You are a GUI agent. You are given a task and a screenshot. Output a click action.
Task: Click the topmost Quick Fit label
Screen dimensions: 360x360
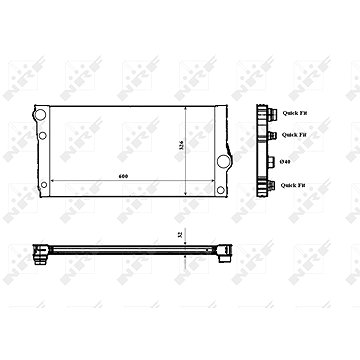click(294, 113)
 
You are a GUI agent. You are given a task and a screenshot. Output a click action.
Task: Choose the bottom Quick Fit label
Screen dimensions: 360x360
click(294, 185)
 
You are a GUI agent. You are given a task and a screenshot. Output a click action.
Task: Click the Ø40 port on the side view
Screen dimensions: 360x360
click(271, 161)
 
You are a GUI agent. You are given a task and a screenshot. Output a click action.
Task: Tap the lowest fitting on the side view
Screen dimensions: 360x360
click(270, 185)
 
